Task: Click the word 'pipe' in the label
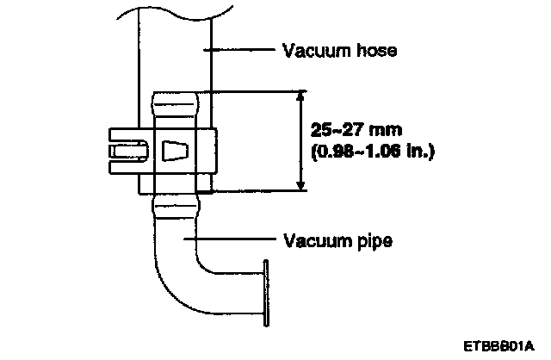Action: [375, 240]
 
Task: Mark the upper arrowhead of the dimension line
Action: [300, 96]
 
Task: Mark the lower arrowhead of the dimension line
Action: [300, 184]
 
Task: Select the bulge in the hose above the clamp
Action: [176, 107]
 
